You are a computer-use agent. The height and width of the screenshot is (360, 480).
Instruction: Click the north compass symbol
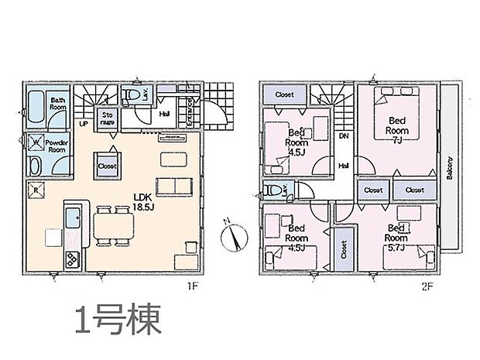click(x=234, y=235)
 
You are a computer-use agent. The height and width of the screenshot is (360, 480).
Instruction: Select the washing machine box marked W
click(x=34, y=142)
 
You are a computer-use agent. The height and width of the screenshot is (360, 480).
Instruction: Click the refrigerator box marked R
click(x=35, y=189)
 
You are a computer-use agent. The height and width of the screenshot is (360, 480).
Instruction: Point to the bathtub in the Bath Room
click(x=34, y=109)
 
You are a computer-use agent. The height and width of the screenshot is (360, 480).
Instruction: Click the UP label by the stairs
click(x=83, y=122)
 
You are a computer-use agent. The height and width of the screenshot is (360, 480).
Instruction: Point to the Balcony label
click(x=448, y=166)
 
